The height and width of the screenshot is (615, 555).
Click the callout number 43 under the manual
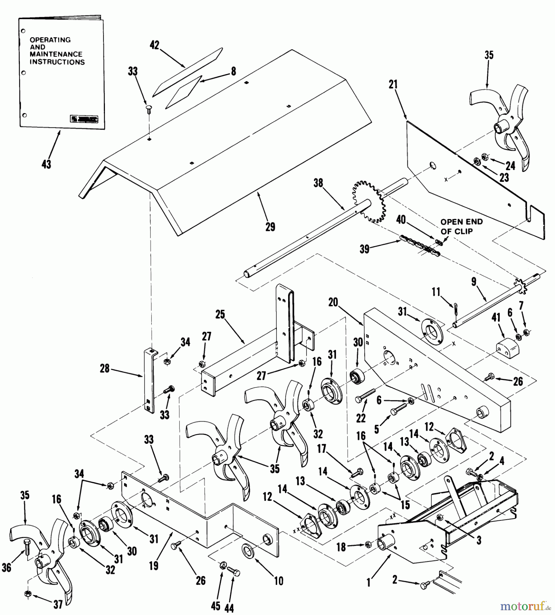coord(46,164)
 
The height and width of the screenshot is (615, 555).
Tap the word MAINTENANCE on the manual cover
coord(56,54)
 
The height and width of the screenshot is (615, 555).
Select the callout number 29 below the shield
coord(270,227)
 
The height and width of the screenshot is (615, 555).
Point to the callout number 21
coord(393,84)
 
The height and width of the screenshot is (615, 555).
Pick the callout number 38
coord(318,183)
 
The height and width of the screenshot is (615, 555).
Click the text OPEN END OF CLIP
coord(461,226)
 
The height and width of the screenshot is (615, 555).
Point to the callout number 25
coord(220,314)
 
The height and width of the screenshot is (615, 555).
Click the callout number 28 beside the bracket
coord(105,368)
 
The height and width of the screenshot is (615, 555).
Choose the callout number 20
coord(333,302)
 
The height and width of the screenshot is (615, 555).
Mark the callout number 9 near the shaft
coord(473,282)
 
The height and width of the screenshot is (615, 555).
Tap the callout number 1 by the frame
coord(368,583)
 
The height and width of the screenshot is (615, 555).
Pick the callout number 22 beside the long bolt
coord(361,418)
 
